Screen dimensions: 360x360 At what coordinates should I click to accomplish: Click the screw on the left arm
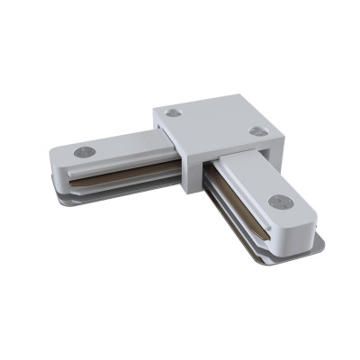pyautogui.click(x=85, y=152)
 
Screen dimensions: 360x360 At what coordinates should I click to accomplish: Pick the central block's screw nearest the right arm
pyautogui.click(x=257, y=131)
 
